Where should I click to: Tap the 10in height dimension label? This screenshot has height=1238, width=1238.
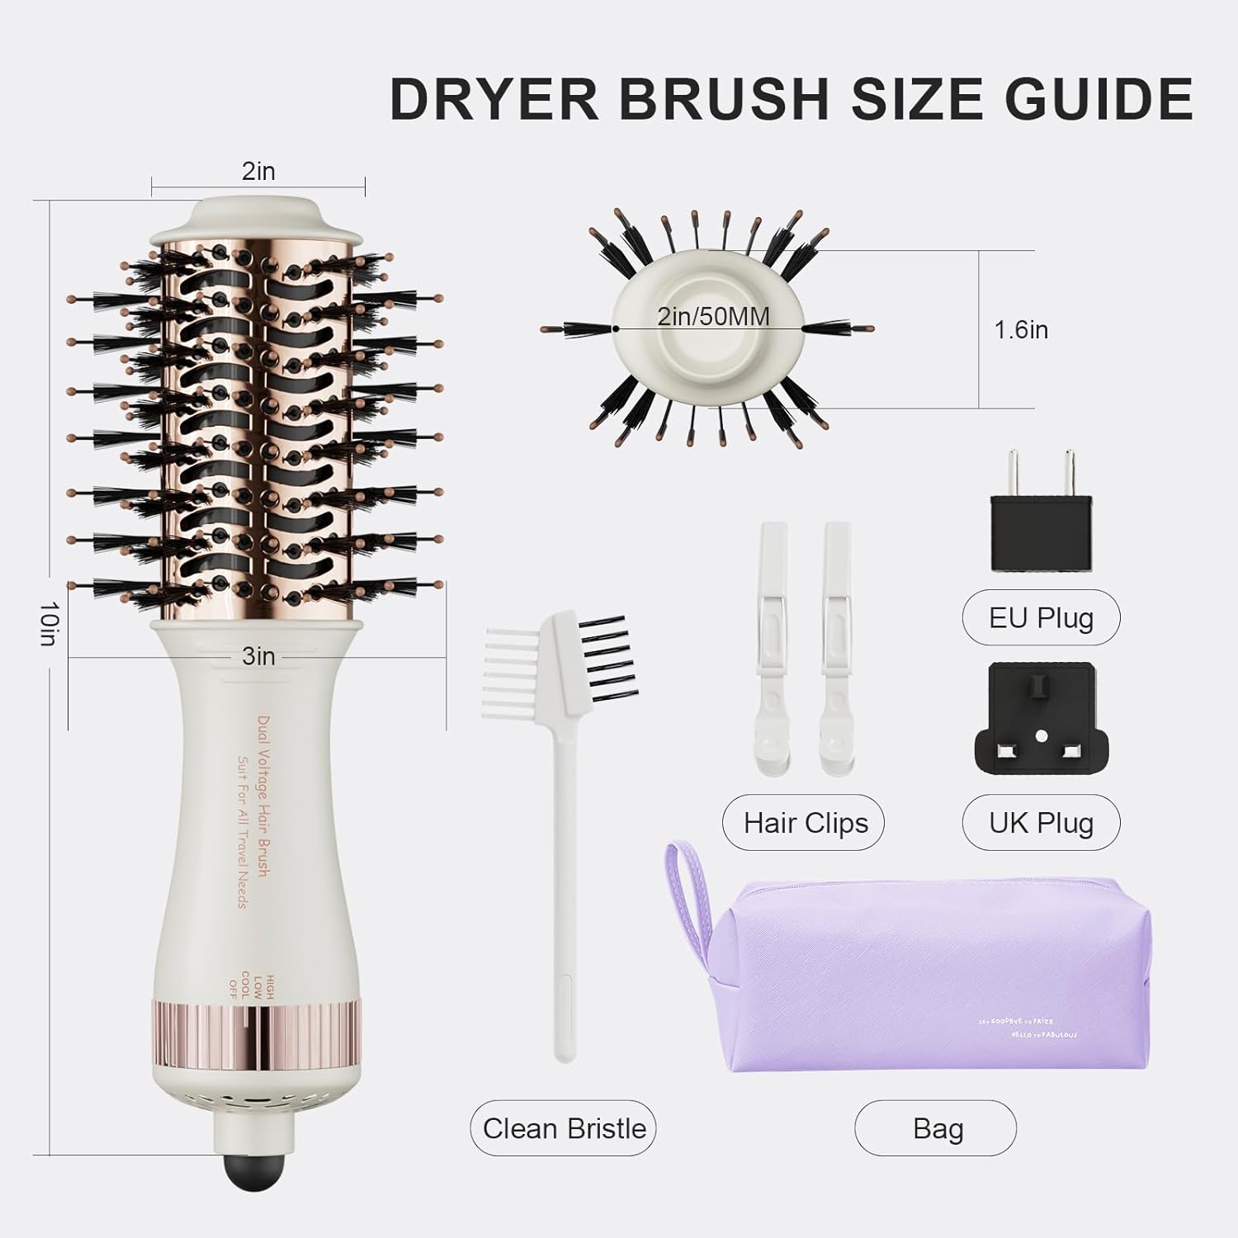coord(49,623)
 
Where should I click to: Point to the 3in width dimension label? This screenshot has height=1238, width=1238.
coord(258,656)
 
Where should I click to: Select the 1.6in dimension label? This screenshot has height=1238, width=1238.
coord(1021,330)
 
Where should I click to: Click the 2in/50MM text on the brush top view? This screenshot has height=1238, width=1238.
coord(713,316)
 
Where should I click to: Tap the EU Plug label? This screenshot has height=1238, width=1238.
coord(1041,617)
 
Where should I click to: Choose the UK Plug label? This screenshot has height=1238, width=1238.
coord(1041,823)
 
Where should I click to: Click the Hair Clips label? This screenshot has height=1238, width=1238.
coord(806,823)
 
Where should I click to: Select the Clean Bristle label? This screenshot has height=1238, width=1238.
coord(564,1128)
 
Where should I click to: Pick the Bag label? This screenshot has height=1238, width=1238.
coord(938,1128)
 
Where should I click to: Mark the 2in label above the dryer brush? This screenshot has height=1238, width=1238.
coord(258,172)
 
